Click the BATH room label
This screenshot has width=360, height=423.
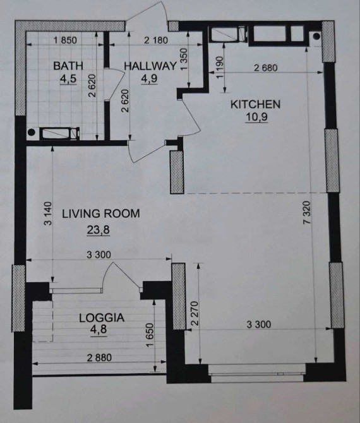click(x=68, y=66)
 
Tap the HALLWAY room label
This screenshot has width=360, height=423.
click(x=150, y=66)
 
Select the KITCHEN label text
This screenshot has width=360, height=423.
click(x=256, y=104)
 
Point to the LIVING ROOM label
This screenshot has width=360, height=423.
click(x=101, y=213)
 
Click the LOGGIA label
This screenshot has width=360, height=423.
click(x=102, y=318)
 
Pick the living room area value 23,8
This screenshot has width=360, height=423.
click(x=99, y=230)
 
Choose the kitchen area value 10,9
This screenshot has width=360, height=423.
click(x=256, y=117)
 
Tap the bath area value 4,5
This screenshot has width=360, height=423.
click(x=68, y=79)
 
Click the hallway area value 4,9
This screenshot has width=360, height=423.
click(x=149, y=79)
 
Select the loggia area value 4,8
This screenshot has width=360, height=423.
click(x=99, y=330)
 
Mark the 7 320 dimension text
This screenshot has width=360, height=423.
click(x=308, y=213)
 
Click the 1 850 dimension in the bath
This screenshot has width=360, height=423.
click(x=65, y=40)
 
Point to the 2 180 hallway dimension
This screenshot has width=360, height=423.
click(x=156, y=40)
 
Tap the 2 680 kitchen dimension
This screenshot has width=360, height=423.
click(x=266, y=68)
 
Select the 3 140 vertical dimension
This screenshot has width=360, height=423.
click(x=47, y=213)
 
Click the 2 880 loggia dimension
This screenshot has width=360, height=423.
click(x=99, y=358)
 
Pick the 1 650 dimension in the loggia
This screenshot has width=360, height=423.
click(x=149, y=335)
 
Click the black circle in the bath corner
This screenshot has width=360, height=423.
click(x=32, y=132)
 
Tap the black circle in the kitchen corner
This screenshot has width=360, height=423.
click(x=316, y=36)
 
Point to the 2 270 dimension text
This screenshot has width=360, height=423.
click(x=195, y=314)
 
